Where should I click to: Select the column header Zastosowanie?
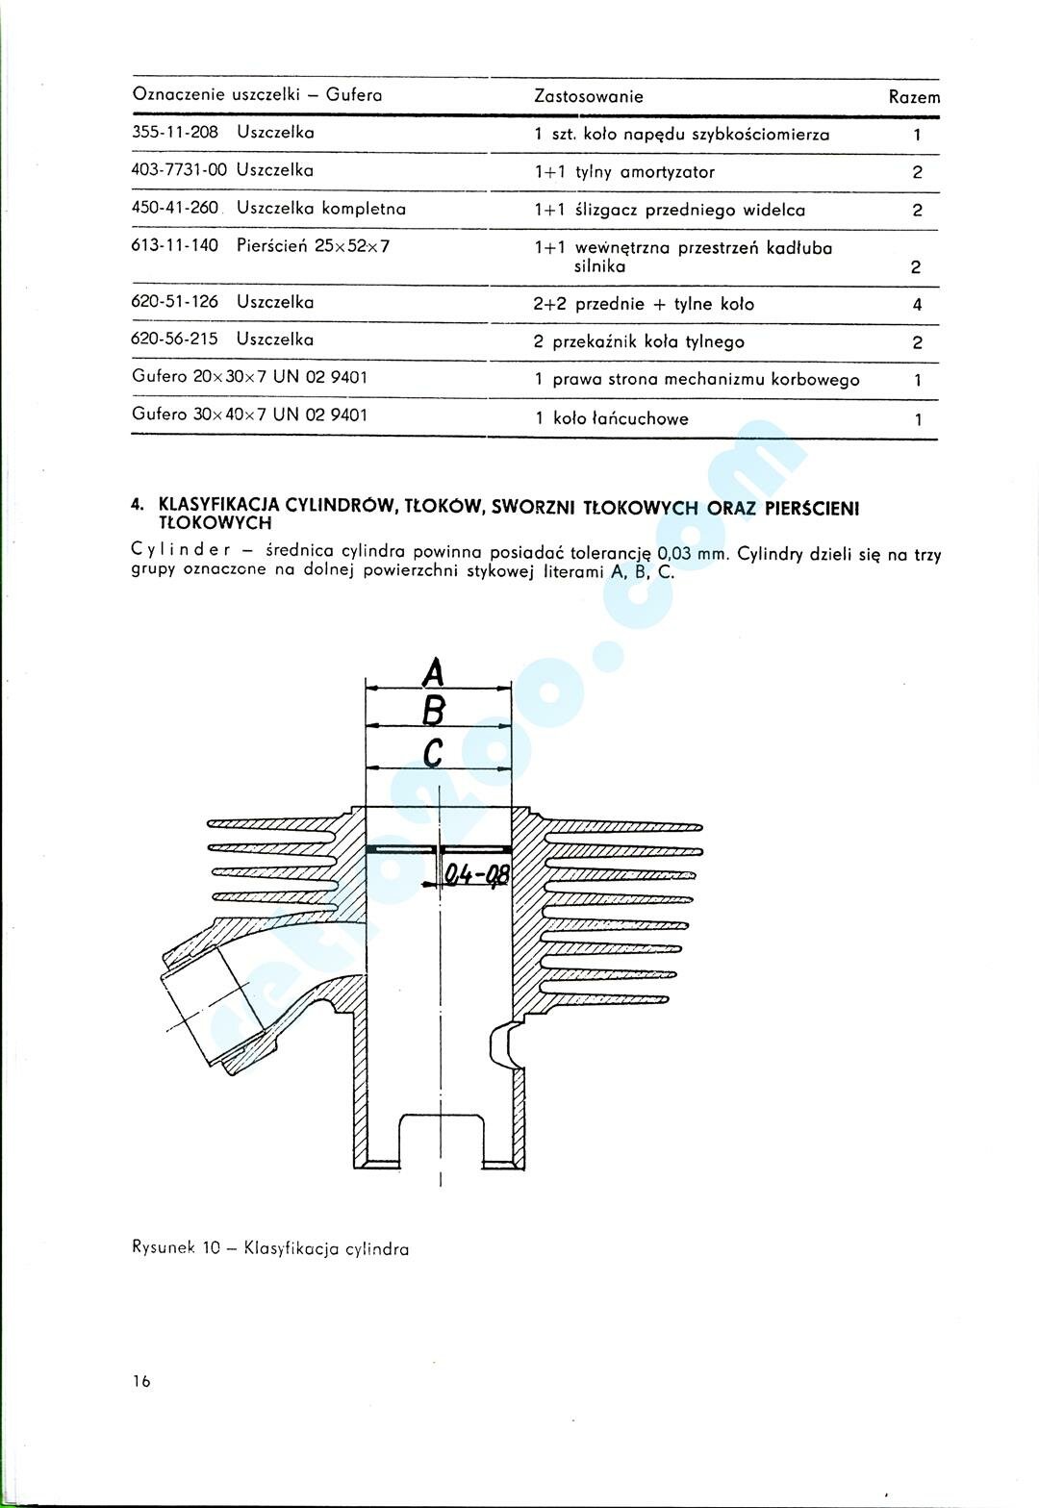pos(588,96)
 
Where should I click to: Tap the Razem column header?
pos(914,97)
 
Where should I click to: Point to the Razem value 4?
pos(918,306)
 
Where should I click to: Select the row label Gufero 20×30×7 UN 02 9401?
pos(249,377)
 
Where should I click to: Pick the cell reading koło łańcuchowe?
pos(621,419)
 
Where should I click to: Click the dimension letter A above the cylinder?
pos(435,671)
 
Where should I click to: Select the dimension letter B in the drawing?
pos(434,711)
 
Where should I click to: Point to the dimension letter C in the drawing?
pos(433,752)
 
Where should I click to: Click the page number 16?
pos(141,1382)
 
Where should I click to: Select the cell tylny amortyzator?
pos(645,172)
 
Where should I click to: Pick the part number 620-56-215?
pos(174,339)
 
